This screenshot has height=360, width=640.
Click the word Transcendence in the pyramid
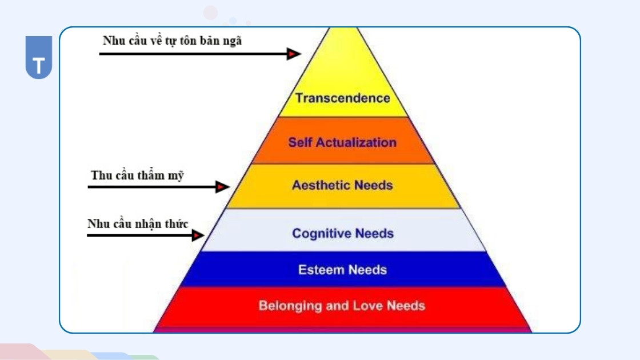click(342, 98)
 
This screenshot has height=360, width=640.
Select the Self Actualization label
click(342, 142)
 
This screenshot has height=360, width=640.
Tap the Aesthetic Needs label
click(342, 185)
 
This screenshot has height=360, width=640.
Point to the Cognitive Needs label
click(342, 233)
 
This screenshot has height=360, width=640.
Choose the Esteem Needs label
click(342, 270)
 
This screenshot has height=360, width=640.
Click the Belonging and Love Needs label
click(342, 305)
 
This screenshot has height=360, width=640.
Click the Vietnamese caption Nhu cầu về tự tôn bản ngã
click(172, 41)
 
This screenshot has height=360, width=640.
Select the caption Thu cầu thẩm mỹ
click(137, 175)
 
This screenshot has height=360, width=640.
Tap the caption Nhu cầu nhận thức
click(137, 223)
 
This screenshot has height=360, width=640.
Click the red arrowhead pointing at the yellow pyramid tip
click(294, 54)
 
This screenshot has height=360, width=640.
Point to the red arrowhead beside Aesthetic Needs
click(222, 186)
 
